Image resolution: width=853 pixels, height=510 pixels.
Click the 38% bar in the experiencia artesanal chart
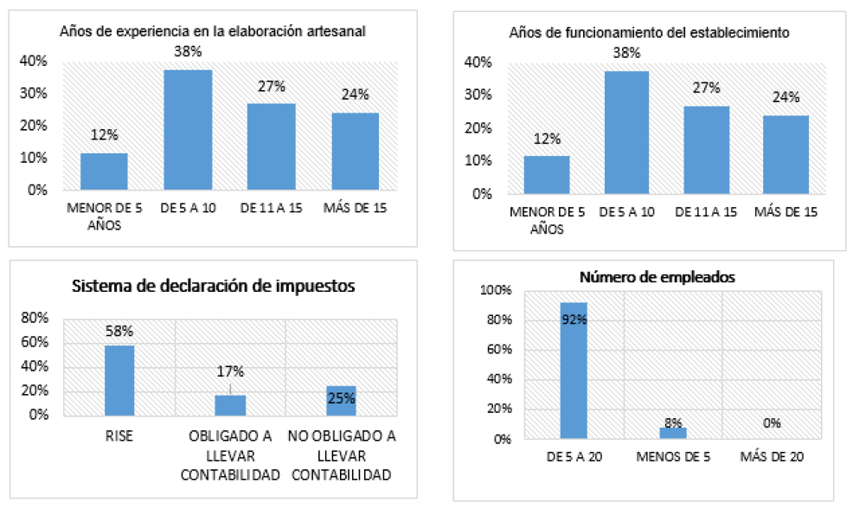(x=188, y=129)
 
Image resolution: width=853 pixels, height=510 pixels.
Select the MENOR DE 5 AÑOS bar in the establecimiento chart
(x=547, y=175)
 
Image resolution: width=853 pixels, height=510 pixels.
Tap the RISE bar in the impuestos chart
(x=119, y=380)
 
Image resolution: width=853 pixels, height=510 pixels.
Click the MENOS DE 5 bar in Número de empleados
(x=673, y=433)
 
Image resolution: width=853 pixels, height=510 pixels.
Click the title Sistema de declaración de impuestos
(x=213, y=287)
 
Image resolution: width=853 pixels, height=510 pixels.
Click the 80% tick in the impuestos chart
(x=34, y=318)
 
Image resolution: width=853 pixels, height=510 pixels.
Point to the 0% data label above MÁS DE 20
(x=772, y=423)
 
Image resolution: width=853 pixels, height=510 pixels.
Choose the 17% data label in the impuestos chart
(x=230, y=372)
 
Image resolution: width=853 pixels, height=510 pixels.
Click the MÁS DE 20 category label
(x=772, y=456)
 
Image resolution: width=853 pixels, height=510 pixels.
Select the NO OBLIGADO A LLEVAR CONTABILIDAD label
(x=341, y=455)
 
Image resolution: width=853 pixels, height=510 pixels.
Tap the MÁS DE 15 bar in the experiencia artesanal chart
(x=355, y=151)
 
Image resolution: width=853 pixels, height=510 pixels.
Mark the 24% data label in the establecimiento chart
(x=786, y=98)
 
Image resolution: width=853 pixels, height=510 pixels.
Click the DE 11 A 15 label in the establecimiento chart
(x=706, y=212)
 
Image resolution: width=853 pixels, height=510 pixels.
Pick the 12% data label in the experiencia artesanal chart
(x=104, y=135)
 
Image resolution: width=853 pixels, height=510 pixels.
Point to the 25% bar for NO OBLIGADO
(x=341, y=400)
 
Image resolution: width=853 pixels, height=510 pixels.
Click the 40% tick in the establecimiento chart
(x=478, y=62)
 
